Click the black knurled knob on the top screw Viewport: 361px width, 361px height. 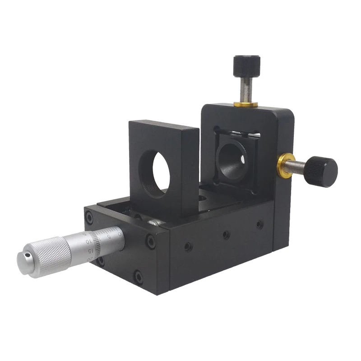(x=246, y=66)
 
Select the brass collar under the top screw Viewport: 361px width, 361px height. (x=246, y=105)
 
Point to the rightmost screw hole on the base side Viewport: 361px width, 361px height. (x=260, y=224)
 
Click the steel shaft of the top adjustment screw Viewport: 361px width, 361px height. (x=246, y=88)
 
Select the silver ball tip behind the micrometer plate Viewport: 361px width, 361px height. (x=154, y=222)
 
